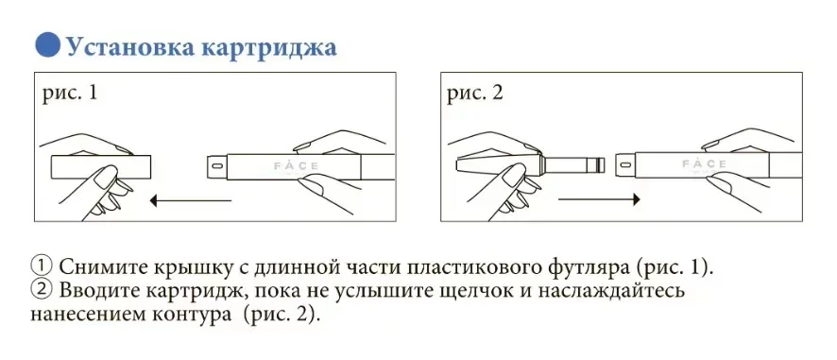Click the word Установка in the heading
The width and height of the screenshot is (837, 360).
click(x=130, y=46)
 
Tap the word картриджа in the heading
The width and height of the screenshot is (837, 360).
click(x=268, y=48)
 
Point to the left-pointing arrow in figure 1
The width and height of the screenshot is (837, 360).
click(x=191, y=201)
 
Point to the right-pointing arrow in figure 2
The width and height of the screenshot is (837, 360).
click(x=599, y=199)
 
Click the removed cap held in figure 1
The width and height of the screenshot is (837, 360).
click(x=101, y=167)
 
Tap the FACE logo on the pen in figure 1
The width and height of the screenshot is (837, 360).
click(x=297, y=165)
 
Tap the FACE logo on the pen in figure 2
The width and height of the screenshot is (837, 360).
click(x=704, y=163)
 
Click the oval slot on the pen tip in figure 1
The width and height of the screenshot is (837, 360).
click(x=216, y=166)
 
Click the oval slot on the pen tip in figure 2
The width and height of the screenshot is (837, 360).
click(x=624, y=164)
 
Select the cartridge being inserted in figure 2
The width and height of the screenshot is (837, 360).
click(x=530, y=164)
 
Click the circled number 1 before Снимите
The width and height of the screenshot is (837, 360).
click(x=42, y=266)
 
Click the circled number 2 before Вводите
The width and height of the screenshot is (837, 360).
click(x=42, y=291)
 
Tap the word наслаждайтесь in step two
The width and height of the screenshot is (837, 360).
click(x=622, y=292)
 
